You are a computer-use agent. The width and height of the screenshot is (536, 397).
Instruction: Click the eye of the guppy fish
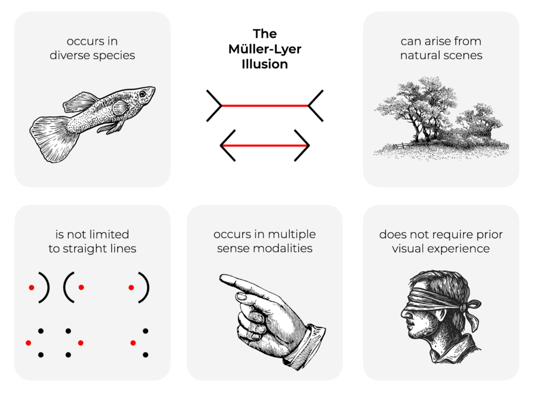[x=143, y=94]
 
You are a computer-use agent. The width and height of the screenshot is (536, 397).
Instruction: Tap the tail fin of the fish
[x=51, y=138]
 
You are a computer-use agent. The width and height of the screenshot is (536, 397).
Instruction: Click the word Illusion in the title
[x=265, y=64]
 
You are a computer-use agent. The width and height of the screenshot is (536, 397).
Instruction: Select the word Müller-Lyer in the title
[x=265, y=49]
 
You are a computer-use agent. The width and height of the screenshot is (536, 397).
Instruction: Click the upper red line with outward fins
[x=265, y=106]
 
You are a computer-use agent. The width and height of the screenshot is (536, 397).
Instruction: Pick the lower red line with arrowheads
[x=265, y=146]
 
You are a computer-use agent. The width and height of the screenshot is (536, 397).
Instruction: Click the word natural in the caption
[x=417, y=56]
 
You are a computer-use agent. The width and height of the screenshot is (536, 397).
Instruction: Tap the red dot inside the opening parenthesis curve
[x=81, y=287]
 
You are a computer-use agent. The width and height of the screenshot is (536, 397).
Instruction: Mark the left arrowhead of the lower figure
[x=226, y=146]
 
